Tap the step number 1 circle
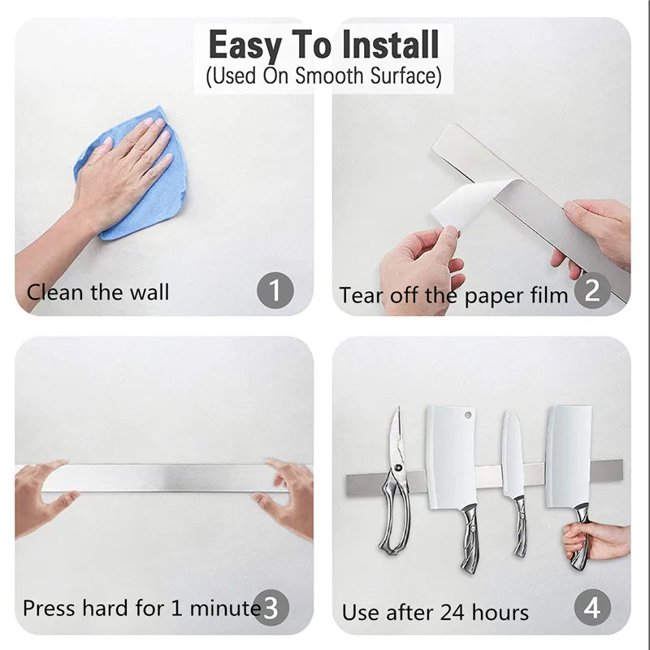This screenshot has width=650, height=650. [x=274, y=290]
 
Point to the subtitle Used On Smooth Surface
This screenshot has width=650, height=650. [x=323, y=77]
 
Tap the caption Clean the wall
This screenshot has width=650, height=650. [x=98, y=292]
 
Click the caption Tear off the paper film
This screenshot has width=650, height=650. [x=453, y=295]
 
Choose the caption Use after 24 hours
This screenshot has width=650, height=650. [x=435, y=612]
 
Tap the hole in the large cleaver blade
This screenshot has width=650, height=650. [x=468, y=415]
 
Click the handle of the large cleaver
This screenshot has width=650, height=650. [x=470, y=536]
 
